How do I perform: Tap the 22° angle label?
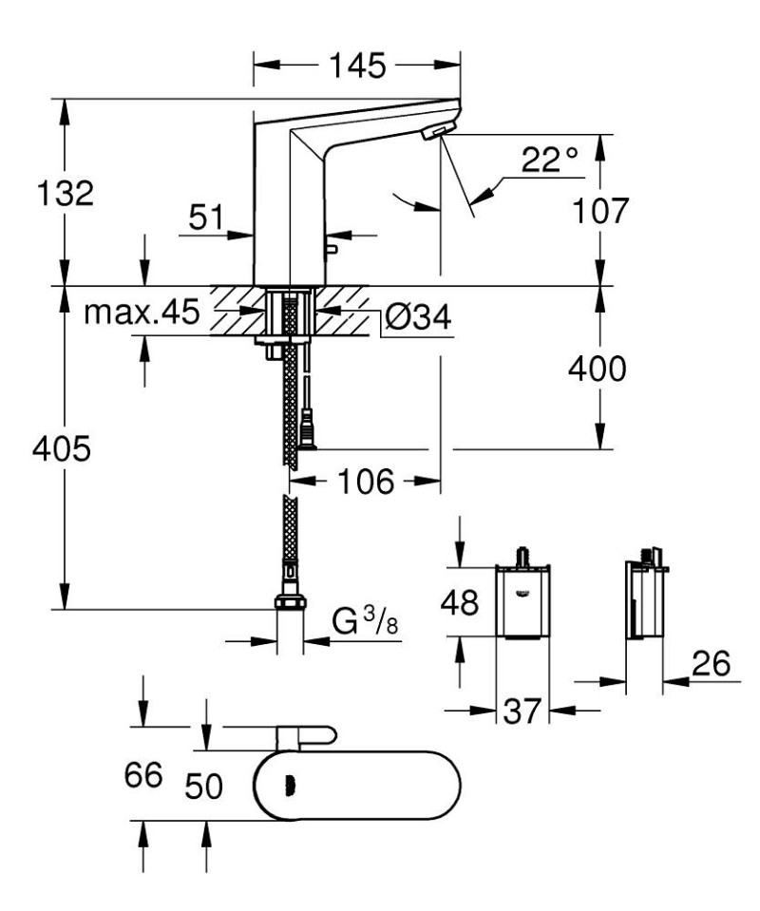(549, 161)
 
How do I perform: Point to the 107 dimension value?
(598, 210)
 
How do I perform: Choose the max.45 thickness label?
(142, 313)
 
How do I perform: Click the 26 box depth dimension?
(710, 666)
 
